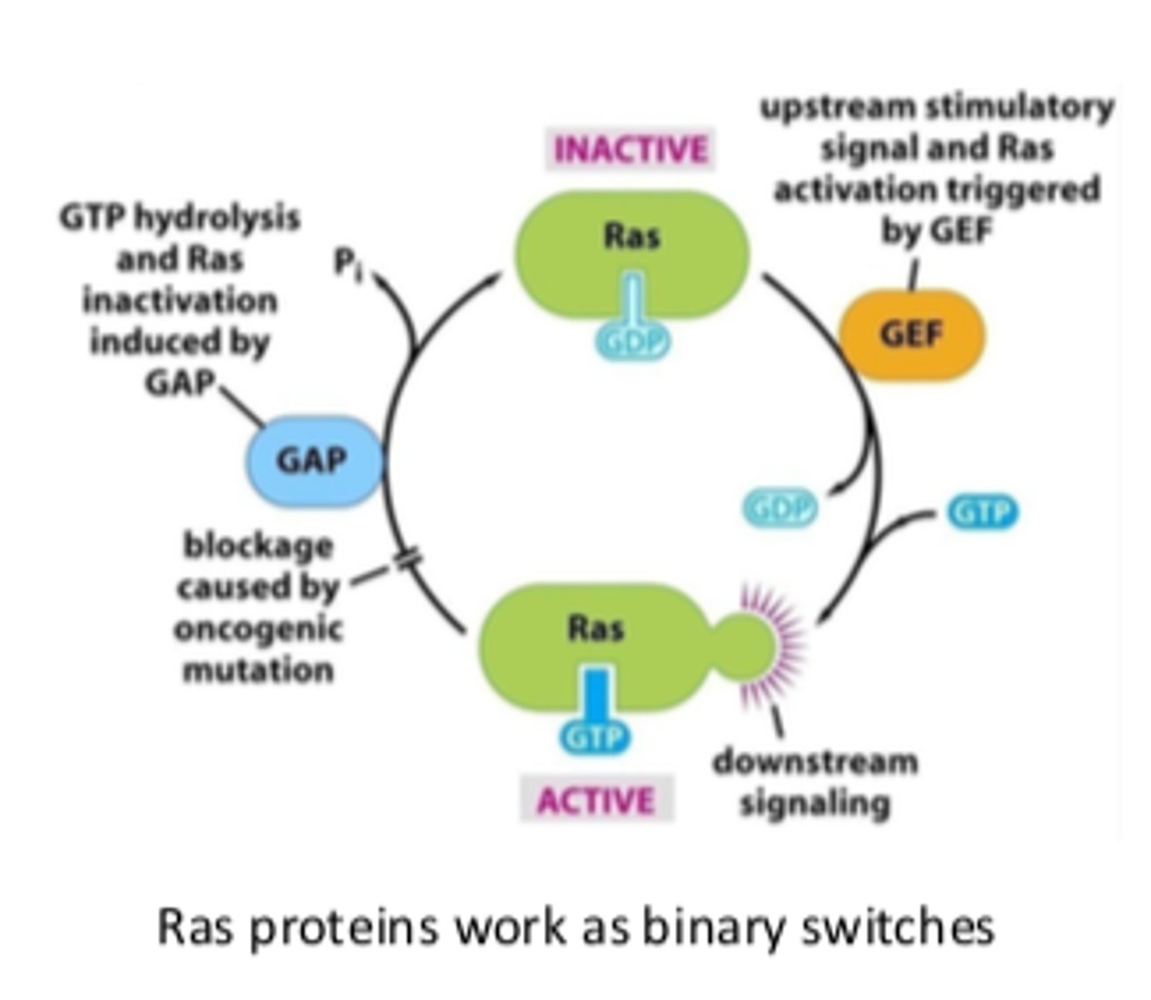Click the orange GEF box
(912, 335)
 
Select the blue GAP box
(312, 461)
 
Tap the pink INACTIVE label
(630, 150)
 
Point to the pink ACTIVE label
(595, 800)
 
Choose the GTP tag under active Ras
(595, 737)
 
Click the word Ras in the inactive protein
(631, 236)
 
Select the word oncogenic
(258, 629)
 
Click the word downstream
(815, 762)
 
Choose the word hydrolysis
(216, 217)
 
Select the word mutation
(258, 669)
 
